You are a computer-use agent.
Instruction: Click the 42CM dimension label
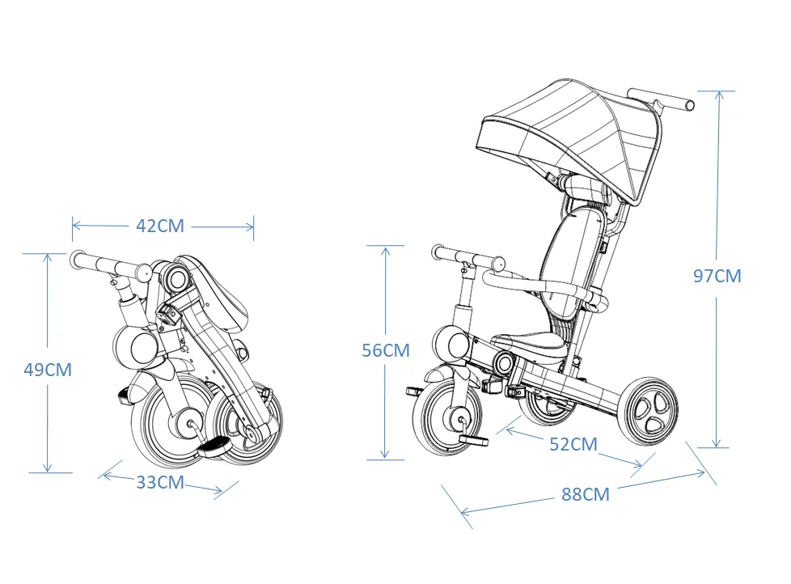tap(160, 226)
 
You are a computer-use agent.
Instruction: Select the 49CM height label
tap(48, 370)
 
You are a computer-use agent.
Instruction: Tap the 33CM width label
tap(160, 483)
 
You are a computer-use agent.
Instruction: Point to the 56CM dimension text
tap(386, 350)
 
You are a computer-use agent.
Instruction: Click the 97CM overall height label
tap(717, 276)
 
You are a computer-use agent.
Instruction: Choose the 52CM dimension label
tap(573, 444)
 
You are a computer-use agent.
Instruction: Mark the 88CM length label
tap(585, 494)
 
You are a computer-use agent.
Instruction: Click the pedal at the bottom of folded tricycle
tap(214, 446)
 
